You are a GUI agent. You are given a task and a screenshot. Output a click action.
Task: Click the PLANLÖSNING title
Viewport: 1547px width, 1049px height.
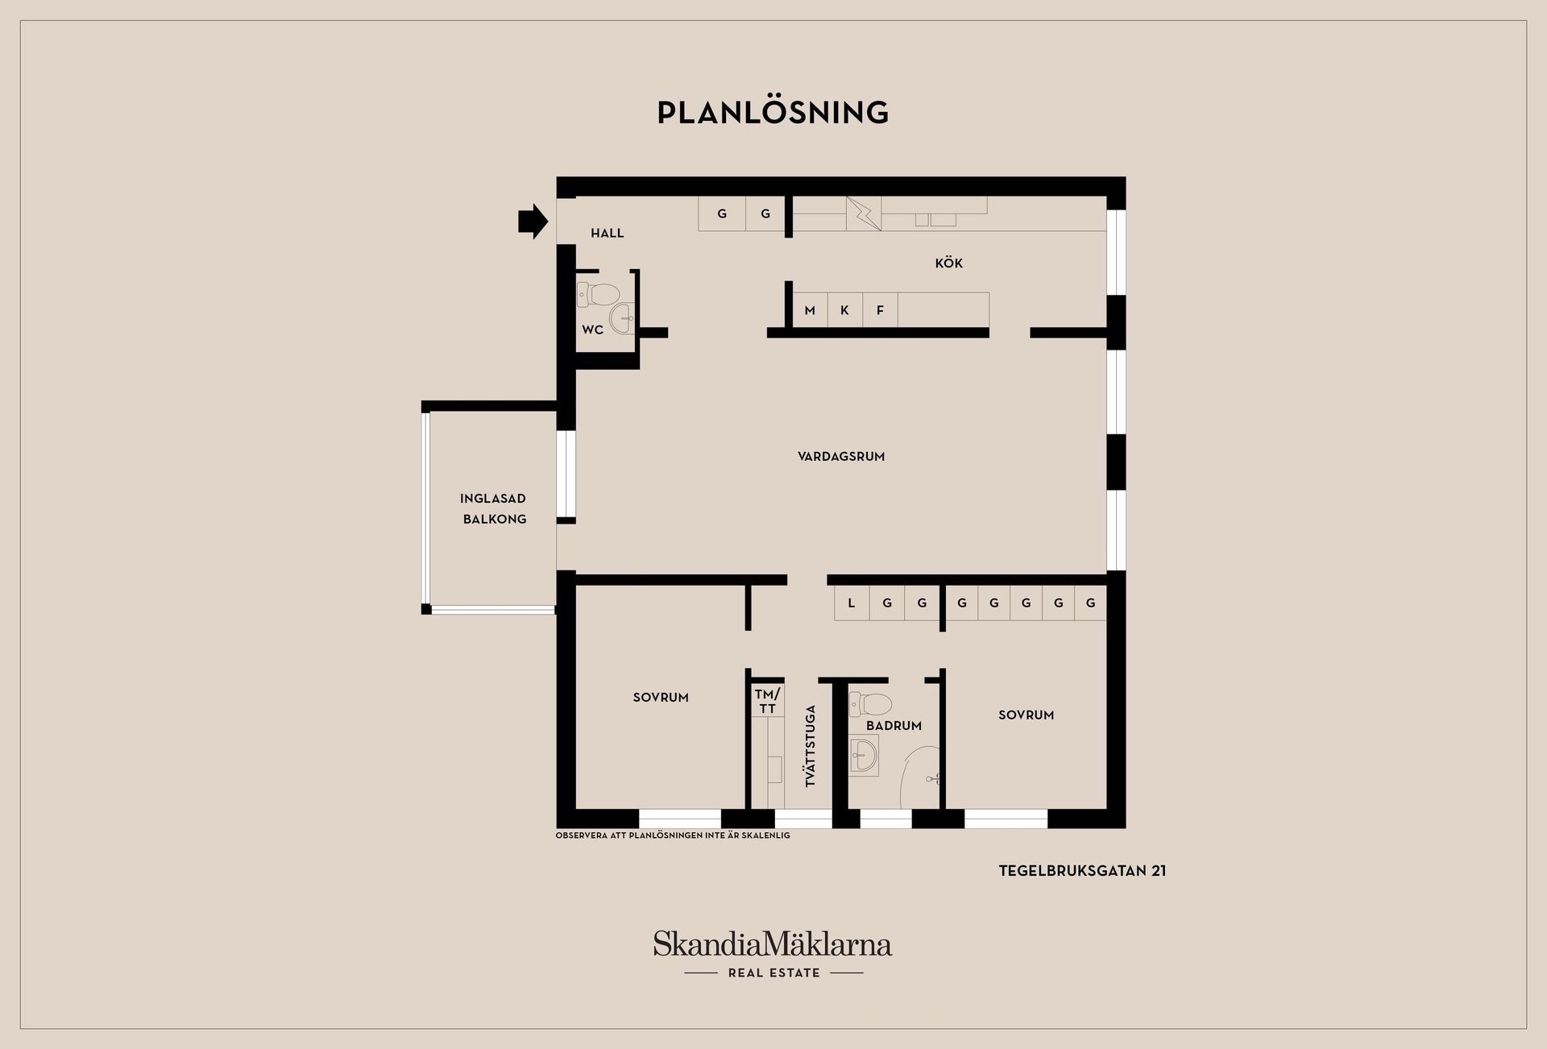773,113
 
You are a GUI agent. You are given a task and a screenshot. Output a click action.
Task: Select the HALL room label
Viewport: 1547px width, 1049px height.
607,233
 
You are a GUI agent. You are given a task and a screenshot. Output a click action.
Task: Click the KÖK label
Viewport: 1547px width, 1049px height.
948,263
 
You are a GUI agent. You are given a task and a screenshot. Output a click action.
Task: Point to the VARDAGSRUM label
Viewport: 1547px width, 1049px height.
841,456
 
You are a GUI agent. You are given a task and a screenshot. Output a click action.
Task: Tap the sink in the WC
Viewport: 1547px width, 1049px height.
622,318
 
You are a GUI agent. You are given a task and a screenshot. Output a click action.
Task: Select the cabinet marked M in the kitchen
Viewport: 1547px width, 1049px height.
810,310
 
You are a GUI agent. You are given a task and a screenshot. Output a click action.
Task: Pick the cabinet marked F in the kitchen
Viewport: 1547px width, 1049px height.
880,310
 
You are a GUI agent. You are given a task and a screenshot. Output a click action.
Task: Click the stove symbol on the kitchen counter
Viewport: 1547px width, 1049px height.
863,214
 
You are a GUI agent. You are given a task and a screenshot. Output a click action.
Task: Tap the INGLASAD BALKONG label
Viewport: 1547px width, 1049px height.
493,508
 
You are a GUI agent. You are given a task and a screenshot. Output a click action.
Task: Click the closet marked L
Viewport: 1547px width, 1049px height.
851,603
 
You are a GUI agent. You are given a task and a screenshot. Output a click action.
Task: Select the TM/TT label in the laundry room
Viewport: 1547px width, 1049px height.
767,701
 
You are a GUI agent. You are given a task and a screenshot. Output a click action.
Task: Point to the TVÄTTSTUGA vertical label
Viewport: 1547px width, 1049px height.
811,745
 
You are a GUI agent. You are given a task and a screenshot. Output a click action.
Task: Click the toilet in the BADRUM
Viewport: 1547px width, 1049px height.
871,704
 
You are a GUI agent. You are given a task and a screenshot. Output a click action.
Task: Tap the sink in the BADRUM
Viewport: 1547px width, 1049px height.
864,756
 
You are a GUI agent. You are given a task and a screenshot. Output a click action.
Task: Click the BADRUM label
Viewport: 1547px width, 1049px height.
894,725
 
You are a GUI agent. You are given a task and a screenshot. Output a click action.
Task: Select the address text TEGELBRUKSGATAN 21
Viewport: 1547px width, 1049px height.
1082,870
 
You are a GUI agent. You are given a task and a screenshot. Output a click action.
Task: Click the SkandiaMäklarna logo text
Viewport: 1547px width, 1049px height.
773,943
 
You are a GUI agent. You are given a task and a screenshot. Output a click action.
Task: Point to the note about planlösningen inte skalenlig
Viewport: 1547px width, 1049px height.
673,835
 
